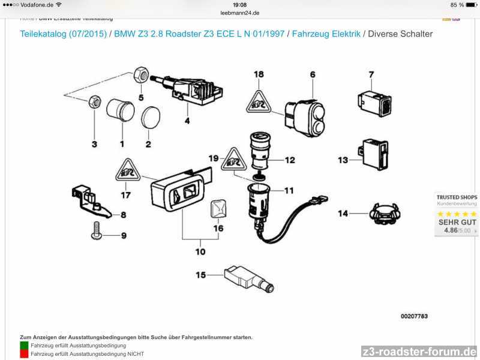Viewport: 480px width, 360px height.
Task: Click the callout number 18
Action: pos(259,74)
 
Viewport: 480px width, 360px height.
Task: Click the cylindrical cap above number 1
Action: pos(120,113)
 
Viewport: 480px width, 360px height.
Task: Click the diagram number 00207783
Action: pos(414,316)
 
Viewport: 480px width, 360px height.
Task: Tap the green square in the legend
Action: pos(24,346)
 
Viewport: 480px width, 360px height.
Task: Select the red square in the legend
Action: pos(24,354)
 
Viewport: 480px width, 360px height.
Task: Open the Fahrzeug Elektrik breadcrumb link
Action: pos(326,34)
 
